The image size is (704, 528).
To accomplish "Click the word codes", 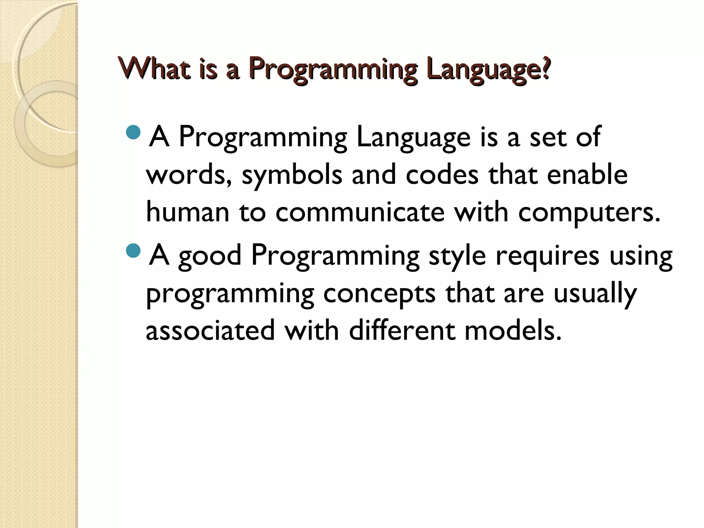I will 442,175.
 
